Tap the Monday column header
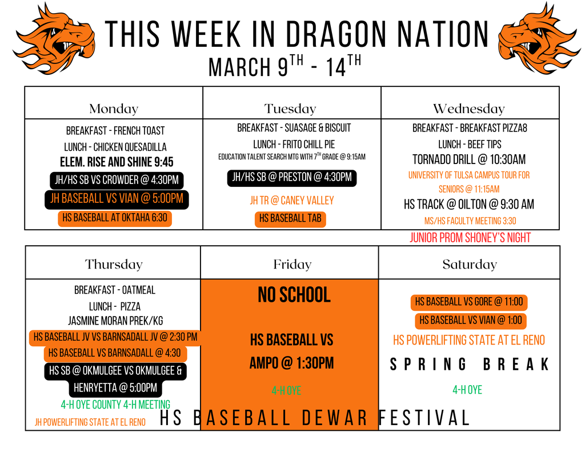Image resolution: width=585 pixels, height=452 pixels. tap(114, 109)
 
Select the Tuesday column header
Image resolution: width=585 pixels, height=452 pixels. tap(290, 109)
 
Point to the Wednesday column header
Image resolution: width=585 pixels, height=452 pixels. tap(468, 109)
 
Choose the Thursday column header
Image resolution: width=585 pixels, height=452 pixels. tap(113, 265)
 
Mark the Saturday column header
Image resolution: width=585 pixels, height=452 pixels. tap(470, 265)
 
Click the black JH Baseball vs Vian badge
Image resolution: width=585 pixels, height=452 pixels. tap(117, 199)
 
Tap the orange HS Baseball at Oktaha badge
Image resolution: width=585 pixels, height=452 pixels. tap(115, 218)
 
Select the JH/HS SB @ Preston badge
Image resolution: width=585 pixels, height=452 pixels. tap(291, 177)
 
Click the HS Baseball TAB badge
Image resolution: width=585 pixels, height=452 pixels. tap(290, 218)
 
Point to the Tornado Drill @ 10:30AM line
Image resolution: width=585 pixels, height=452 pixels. tap(468, 159)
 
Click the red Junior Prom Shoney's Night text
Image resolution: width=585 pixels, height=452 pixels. tap(470, 238)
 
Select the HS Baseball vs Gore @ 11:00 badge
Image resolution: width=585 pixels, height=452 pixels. tap(468, 302)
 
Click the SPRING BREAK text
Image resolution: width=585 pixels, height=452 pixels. tap(468, 364)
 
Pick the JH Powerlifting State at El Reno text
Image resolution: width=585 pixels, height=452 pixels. tap(90, 422)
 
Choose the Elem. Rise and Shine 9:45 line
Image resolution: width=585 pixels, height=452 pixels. tap(117, 162)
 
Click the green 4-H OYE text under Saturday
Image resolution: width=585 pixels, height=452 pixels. tap(467, 390)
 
